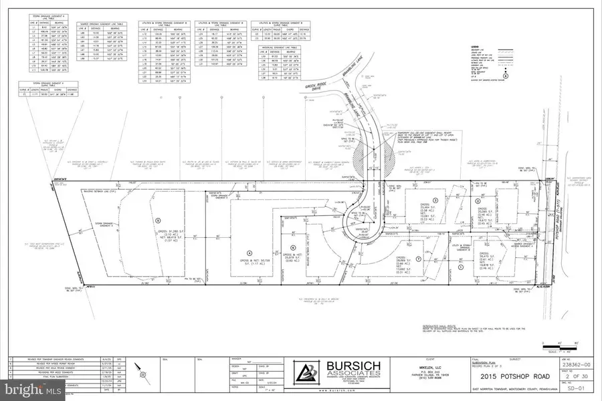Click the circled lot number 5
[x=157, y=219]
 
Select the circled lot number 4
[x=249, y=252]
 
